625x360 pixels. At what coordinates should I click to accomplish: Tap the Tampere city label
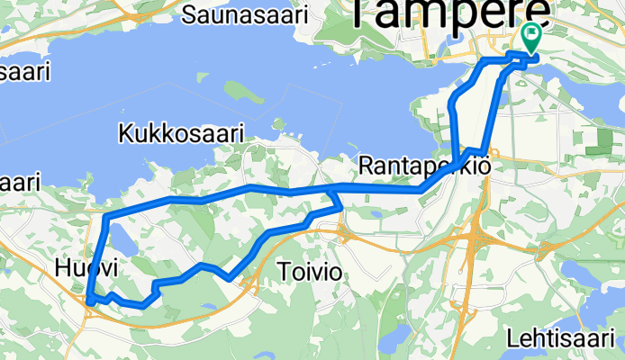(x=448, y=13)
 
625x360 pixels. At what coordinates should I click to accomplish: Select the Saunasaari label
(x=244, y=14)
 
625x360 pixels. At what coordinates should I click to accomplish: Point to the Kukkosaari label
(x=182, y=133)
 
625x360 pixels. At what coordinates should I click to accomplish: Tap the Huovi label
(x=86, y=267)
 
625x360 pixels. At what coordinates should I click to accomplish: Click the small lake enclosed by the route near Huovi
(x=119, y=238)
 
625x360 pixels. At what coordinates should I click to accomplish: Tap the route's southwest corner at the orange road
(x=90, y=301)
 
